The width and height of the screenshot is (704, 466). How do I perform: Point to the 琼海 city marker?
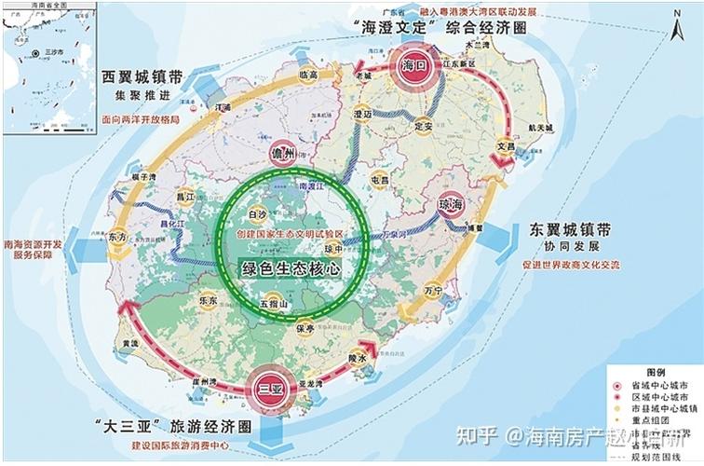click(x=451, y=204)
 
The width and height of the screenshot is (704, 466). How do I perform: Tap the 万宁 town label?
click(x=433, y=291)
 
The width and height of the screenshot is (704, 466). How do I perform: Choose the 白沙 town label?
click(x=257, y=213)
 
